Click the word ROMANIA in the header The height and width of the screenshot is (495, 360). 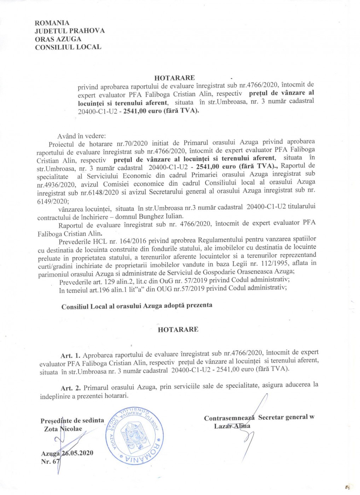(52, 23)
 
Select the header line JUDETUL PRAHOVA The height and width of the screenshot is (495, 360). (70, 31)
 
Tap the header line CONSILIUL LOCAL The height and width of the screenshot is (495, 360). (68, 47)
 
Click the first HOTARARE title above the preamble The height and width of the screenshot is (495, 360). (174, 78)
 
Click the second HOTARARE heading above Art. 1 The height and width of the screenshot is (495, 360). (178, 329)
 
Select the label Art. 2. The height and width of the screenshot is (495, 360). (71, 388)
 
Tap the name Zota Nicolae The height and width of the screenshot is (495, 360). (63, 429)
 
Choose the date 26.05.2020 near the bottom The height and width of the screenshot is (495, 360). (77, 454)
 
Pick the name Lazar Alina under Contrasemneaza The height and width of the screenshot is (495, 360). (232, 426)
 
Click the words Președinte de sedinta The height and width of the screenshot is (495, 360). (72, 421)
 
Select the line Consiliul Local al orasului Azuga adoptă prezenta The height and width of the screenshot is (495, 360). (137, 306)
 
